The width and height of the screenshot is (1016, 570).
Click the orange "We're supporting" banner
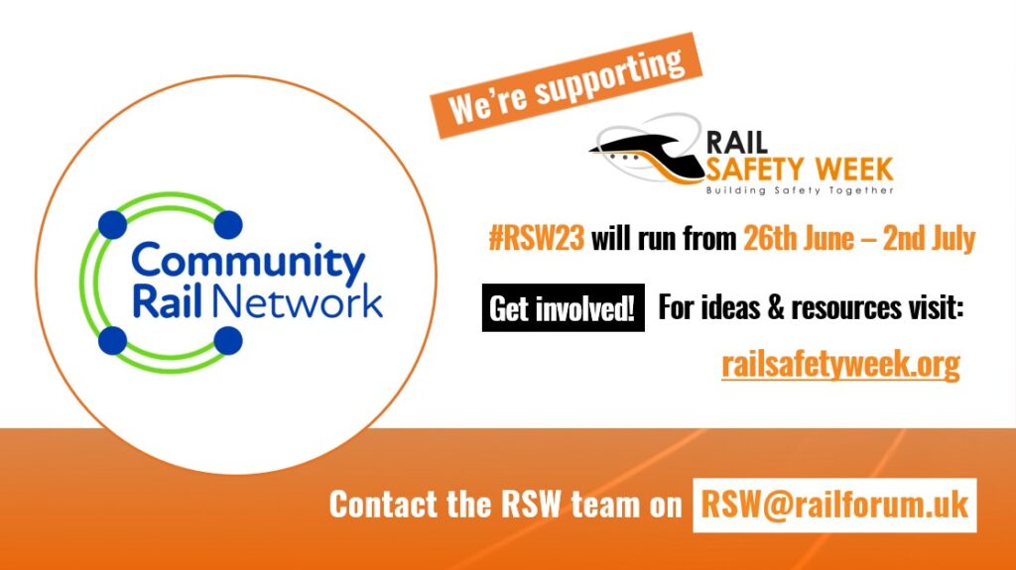click(x=566, y=83)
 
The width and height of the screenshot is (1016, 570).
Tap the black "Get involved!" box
click(x=563, y=309)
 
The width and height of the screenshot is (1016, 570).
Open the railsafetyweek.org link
click(x=840, y=365)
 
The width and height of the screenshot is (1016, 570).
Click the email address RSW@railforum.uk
click(x=834, y=505)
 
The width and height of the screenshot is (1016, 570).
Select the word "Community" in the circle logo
click(x=249, y=262)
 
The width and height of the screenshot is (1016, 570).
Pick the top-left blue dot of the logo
click(x=113, y=224)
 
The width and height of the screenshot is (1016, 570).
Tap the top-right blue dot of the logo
click(x=228, y=224)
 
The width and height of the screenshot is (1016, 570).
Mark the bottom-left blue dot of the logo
click(x=113, y=340)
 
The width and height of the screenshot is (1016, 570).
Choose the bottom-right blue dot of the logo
click(x=228, y=340)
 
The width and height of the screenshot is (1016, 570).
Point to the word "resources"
click(x=829, y=309)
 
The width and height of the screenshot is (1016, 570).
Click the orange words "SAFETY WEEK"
click(x=800, y=168)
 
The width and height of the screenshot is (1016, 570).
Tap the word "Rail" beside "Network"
click(x=162, y=301)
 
